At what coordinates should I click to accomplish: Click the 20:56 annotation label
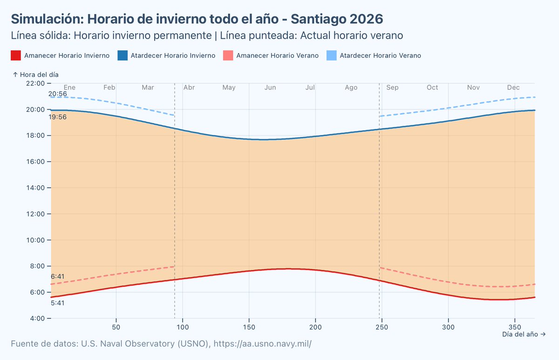(58, 94)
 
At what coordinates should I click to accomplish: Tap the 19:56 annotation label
(58, 117)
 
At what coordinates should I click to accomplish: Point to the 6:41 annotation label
(58, 276)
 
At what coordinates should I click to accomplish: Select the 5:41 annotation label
(58, 303)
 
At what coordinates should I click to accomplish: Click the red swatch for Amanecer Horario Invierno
(15, 55)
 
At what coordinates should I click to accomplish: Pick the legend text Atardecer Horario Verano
(380, 55)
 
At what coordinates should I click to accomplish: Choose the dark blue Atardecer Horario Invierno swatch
(122, 55)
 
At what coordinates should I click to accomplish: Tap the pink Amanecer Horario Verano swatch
(228, 55)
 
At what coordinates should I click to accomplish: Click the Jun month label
(270, 88)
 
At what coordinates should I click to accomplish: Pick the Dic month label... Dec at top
(513, 88)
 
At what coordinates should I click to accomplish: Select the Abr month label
(189, 88)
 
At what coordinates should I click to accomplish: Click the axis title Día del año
(524, 334)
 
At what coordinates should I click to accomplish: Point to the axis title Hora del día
(35, 75)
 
